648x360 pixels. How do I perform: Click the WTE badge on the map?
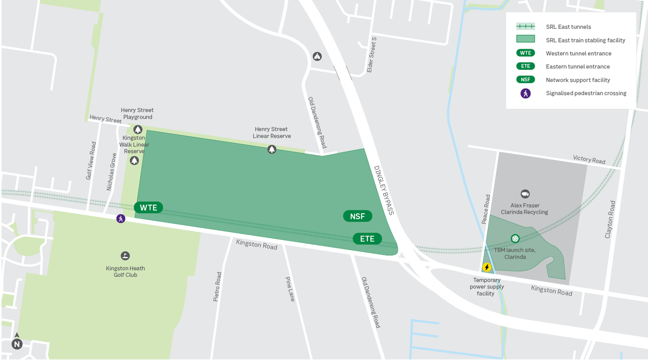[148, 208]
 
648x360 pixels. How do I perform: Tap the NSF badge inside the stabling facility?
[357, 216]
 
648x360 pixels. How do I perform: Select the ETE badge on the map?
[367, 238]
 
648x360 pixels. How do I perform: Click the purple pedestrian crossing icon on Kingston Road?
[120, 219]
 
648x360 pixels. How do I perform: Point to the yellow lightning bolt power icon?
[487, 267]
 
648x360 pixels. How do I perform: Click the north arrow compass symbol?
[17, 343]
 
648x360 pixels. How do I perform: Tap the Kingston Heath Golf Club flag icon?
[125, 256]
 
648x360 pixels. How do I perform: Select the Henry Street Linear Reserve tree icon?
[272, 149]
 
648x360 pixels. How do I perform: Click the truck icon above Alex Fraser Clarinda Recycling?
[525, 194]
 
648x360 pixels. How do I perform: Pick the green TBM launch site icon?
[515, 238]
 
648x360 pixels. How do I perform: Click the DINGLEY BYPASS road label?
[383, 190]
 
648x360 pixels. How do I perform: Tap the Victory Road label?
[589, 159]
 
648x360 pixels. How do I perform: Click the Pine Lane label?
[290, 289]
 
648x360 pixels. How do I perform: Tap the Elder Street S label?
[372, 55]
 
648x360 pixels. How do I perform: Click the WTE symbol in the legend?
[525, 53]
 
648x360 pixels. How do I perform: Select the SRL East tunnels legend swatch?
[525, 26]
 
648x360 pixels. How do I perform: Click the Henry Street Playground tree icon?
[137, 130]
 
